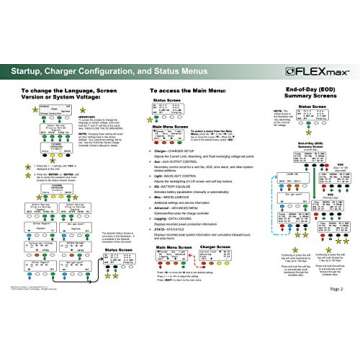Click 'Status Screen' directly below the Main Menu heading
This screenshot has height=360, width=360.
point(173,101)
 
